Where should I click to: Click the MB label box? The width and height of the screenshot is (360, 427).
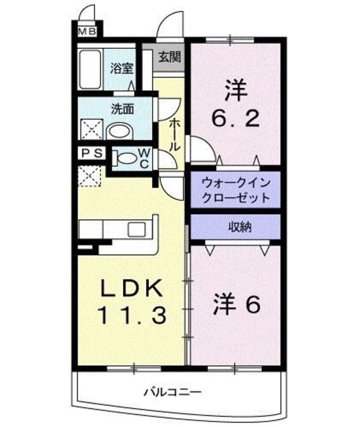point(87,31)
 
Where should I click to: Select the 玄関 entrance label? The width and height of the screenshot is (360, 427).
point(168,56)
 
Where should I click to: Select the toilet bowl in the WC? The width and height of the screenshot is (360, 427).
point(126,158)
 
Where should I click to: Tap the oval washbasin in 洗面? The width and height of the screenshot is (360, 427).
point(120,130)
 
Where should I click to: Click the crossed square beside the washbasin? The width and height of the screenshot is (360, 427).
point(90,128)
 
